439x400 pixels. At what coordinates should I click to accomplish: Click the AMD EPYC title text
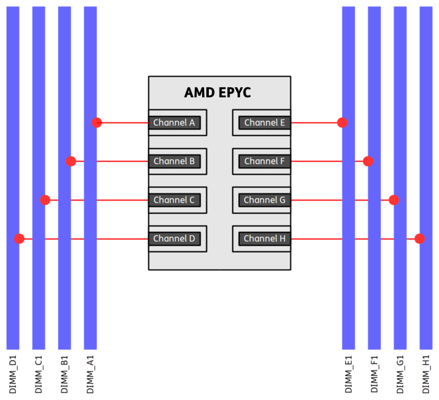point(217,93)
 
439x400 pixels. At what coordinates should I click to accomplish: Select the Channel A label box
point(174,123)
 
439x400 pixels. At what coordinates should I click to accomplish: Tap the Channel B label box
point(174,161)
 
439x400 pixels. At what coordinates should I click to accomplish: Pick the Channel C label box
point(174,200)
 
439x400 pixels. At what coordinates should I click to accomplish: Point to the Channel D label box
point(174,239)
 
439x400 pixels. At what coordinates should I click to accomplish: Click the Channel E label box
point(265,123)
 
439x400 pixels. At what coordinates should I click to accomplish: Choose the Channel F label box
point(265,161)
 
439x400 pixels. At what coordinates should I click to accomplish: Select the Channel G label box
point(265,200)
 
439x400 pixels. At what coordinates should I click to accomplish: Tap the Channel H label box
point(265,239)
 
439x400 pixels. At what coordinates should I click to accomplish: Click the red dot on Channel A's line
point(97,123)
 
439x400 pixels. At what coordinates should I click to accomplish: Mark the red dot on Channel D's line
point(20,239)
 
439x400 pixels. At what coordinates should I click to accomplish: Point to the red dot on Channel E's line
point(342,123)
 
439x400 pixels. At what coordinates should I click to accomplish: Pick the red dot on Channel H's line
point(419,239)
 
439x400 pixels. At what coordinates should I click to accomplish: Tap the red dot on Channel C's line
point(45,200)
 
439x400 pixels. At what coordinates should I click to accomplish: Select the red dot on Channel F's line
point(368,161)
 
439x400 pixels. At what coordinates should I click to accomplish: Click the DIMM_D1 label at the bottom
point(13,375)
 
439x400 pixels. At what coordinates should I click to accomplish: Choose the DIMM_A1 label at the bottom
point(90,375)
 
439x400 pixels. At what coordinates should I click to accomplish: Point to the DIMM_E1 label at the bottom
point(348,375)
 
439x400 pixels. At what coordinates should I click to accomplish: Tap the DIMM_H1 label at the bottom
point(426,375)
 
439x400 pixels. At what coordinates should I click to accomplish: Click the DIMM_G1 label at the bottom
point(400,375)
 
